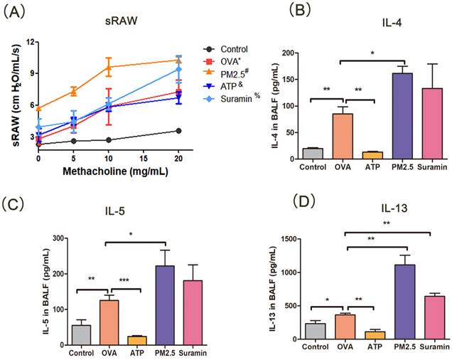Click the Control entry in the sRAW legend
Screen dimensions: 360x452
click(234, 49)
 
